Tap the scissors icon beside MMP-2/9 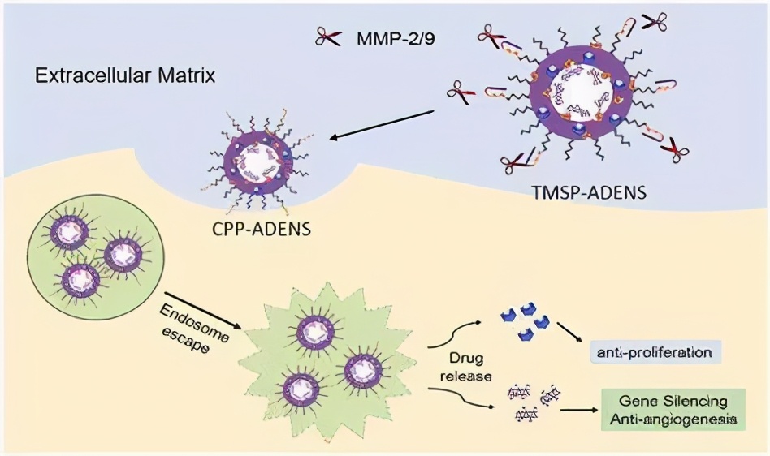(329, 37)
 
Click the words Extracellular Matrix (125, 78)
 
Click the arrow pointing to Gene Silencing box (577, 411)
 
